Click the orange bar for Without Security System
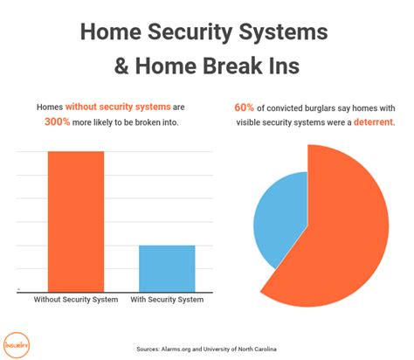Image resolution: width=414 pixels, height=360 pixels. click(x=76, y=221)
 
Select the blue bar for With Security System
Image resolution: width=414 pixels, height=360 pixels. click(x=167, y=268)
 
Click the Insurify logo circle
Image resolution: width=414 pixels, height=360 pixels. click(x=17, y=345)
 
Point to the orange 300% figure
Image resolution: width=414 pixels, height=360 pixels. click(x=58, y=121)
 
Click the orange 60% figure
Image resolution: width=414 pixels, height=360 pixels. click(x=244, y=107)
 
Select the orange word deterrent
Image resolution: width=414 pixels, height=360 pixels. click(x=375, y=122)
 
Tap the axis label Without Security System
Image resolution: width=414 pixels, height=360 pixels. click(x=76, y=300)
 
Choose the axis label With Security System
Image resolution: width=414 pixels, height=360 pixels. click(x=167, y=300)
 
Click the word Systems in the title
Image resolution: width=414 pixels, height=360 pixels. click(x=283, y=32)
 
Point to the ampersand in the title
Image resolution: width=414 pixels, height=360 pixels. click(x=121, y=66)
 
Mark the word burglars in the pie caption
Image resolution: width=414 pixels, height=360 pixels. click(x=320, y=108)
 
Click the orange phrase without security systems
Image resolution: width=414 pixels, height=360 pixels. click(x=118, y=107)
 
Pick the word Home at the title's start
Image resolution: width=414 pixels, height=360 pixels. click(x=111, y=31)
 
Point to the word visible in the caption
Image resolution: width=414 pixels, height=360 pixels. click(x=248, y=122)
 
